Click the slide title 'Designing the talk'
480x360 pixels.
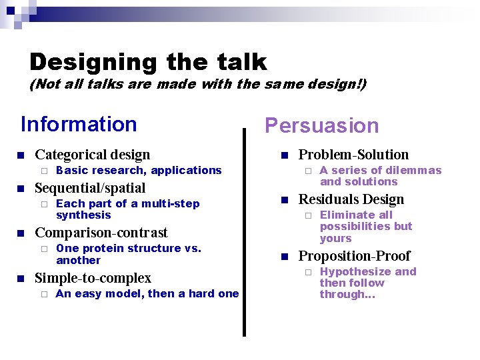click(148, 62)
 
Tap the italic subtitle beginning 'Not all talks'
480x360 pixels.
click(197, 85)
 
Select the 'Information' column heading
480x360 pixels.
click(79, 125)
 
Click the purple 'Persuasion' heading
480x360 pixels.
click(321, 126)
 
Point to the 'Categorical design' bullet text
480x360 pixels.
click(93, 155)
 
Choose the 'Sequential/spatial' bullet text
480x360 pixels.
click(90, 188)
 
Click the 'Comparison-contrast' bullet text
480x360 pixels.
click(101, 233)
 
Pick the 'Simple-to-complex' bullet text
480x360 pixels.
click(93, 278)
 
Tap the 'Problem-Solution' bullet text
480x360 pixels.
click(353, 155)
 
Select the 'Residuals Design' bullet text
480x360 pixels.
click(351, 199)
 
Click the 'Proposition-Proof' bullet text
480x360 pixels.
click(354, 256)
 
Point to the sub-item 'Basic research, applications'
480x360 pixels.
click(139, 171)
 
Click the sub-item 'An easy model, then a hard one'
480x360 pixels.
click(147, 294)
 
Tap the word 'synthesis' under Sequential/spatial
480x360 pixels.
click(83, 215)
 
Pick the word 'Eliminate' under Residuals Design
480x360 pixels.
click(347, 215)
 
